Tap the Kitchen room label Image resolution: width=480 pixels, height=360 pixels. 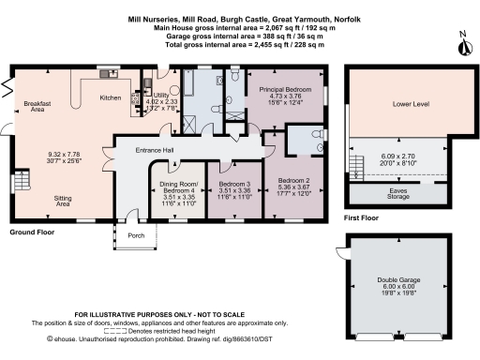[112, 97]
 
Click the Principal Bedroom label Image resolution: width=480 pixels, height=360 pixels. [277, 86]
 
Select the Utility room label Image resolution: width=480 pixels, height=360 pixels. [160, 96]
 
